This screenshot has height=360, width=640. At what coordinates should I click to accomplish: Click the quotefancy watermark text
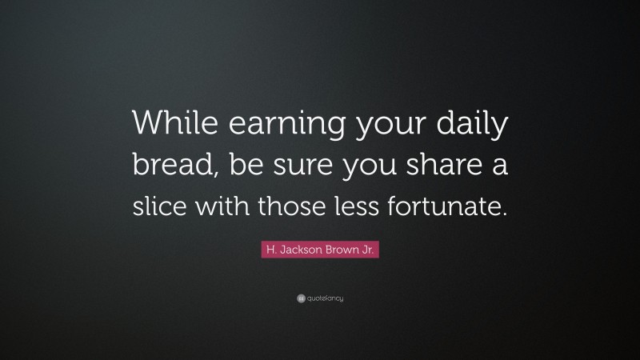(x=325, y=298)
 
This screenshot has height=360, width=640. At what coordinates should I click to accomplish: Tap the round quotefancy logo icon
(x=301, y=298)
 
